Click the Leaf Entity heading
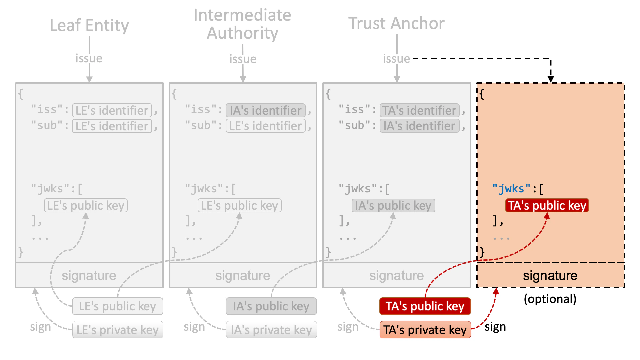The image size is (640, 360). coord(89,25)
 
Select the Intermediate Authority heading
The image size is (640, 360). coord(242,24)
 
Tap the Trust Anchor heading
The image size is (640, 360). coord(396,23)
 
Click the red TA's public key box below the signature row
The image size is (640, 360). coord(425,306)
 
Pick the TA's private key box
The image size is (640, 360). coord(425,330)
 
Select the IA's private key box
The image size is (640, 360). coord(271,330)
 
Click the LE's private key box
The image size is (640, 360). coord(117,330)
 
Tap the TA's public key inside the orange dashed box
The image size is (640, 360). coord(547,205)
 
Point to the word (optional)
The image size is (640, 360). coord(550,299)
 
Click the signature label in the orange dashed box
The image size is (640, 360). coord(550,276)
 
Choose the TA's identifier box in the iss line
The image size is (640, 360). coord(419,110)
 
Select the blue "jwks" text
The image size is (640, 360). coord(511,189)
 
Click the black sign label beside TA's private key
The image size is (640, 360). coord(495,327)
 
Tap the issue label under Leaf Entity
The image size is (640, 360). coord(89,58)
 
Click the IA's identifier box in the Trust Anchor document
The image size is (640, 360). coord(419,126)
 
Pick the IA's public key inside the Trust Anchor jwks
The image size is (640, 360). coord(393,205)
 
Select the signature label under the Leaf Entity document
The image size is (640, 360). coord(89,276)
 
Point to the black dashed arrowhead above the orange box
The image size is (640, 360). coord(551,79)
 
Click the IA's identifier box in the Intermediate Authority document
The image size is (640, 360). coord(265,110)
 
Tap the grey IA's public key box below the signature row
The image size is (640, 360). coord(271,306)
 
